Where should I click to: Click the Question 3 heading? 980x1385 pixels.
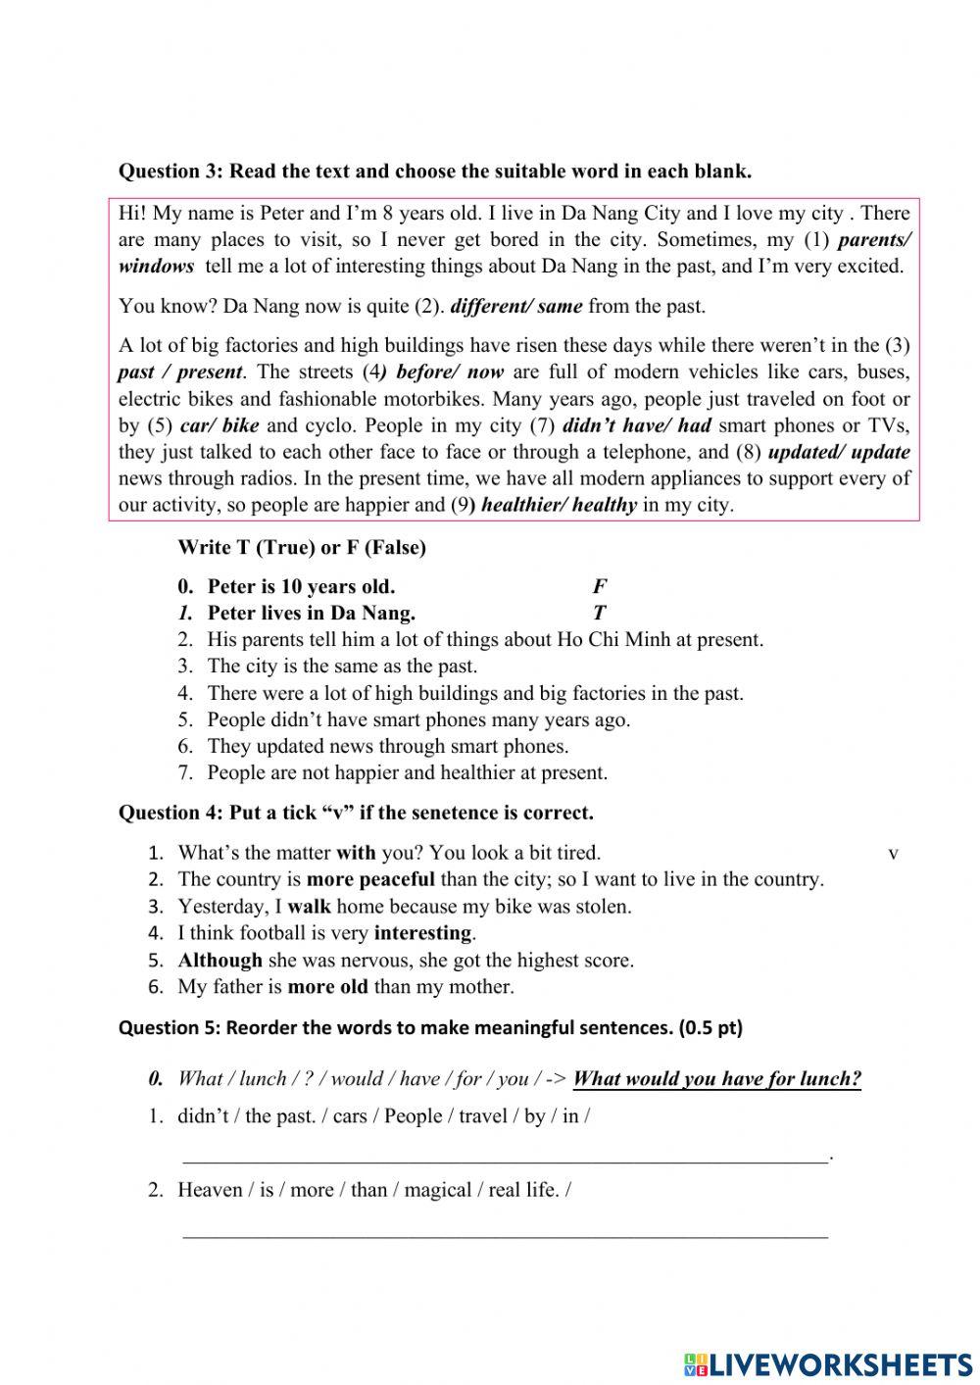[x=434, y=172]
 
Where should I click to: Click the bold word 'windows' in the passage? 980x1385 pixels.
[x=156, y=267]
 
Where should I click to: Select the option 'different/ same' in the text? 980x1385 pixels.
[x=515, y=306]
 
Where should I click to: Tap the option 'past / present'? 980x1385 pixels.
[x=180, y=372]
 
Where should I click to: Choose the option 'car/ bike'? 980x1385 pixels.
[x=220, y=425]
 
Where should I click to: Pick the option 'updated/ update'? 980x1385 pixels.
[x=839, y=452]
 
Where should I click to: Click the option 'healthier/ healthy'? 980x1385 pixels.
[x=559, y=506]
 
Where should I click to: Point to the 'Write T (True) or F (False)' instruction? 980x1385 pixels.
[x=302, y=548]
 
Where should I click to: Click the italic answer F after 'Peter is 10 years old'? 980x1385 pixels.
[x=599, y=587]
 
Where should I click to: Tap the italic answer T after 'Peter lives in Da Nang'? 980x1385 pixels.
[x=599, y=614]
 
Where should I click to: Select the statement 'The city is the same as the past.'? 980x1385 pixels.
[x=342, y=667]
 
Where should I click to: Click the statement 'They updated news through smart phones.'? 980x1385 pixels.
[x=387, y=746]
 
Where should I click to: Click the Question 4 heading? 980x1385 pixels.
[x=356, y=813]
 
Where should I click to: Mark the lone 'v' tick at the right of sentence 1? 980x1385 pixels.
[x=893, y=854]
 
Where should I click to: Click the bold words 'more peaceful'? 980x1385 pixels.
[x=370, y=879]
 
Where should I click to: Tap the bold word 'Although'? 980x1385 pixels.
[x=220, y=961]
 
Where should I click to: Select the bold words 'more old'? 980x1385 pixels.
[x=327, y=987]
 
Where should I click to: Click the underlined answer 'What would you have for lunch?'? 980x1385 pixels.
[x=716, y=1079]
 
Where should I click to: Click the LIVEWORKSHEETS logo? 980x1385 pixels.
[x=828, y=1364]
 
